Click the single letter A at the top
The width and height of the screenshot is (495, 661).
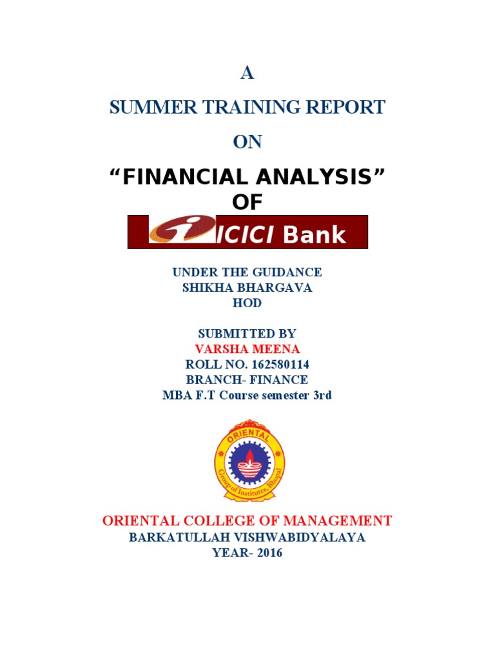tap(247, 74)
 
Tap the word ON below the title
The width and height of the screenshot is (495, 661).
tap(247, 142)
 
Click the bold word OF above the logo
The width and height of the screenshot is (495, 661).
tap(247, 202)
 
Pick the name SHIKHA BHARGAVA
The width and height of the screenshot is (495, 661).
tap(247, 288)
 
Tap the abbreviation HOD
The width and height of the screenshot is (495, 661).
tap(247, 303)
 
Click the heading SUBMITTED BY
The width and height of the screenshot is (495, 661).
tap(247, 334)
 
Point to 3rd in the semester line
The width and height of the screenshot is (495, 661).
tap(322, 395)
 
